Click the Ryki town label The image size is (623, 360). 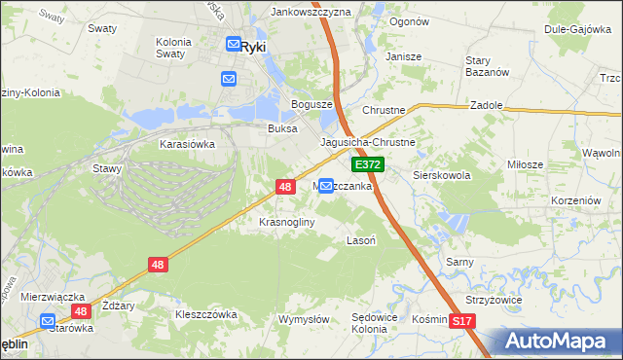[254, 45]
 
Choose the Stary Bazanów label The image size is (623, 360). [487, 66]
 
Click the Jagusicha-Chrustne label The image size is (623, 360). [368, 142]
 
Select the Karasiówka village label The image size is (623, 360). [187, 143]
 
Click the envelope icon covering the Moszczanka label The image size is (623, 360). [327, 185]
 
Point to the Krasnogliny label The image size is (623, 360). [287, 222]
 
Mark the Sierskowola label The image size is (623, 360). [442, 176]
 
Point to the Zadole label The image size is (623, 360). [486, 105]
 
